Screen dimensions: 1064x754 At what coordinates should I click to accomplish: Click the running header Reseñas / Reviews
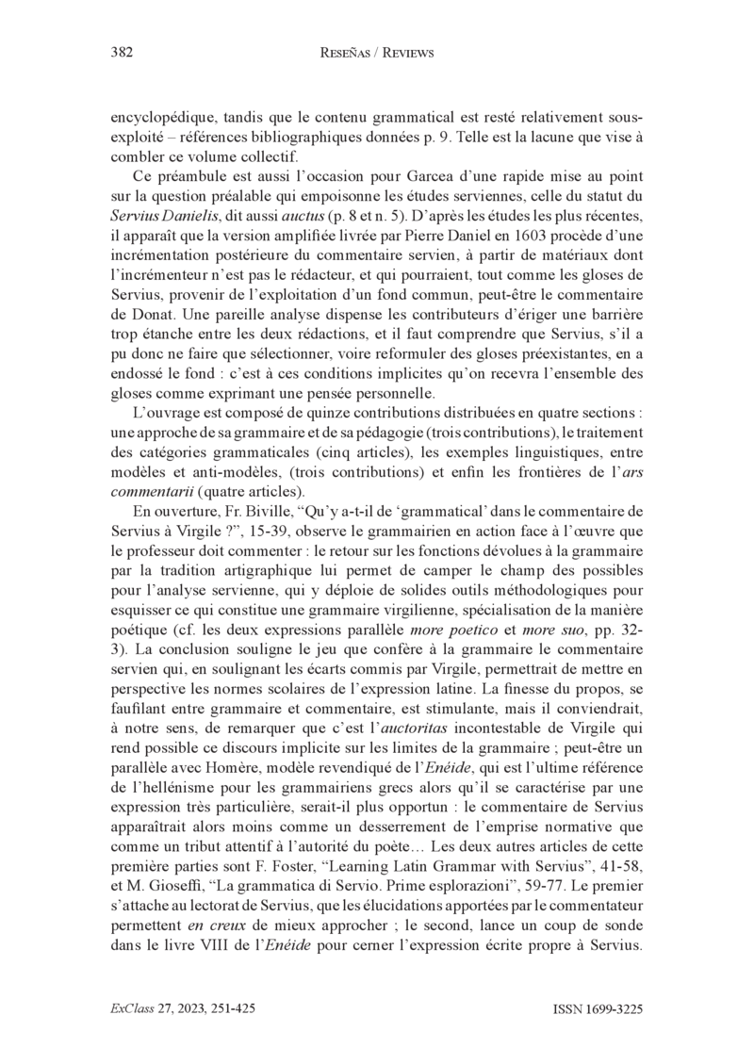pos(376,54)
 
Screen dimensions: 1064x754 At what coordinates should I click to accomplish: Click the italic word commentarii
pos(150,492)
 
